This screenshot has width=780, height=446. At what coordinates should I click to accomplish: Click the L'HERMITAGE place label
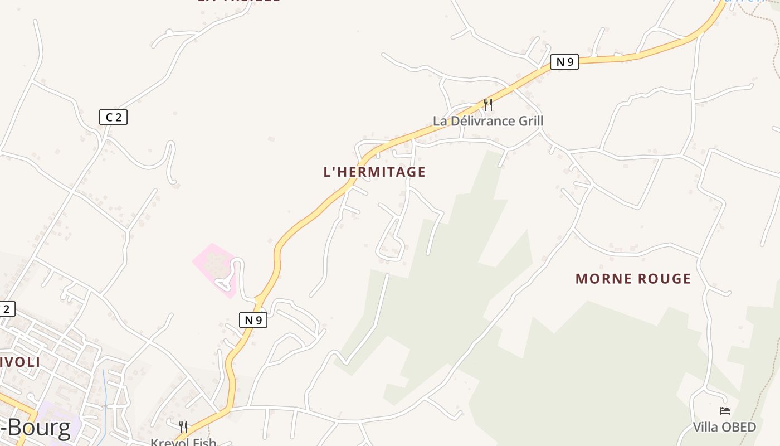374,172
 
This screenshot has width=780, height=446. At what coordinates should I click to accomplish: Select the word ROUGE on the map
666,279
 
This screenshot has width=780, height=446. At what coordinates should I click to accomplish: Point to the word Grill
530,121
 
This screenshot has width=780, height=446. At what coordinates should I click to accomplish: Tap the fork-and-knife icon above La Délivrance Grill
487,104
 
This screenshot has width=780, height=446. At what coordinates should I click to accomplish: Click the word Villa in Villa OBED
706,428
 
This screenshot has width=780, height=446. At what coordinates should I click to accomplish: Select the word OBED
739,428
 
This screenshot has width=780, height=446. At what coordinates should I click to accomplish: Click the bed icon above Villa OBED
724,411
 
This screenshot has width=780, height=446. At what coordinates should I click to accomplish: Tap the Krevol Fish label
183,442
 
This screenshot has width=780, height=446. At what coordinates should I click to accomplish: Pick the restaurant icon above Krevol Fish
183,426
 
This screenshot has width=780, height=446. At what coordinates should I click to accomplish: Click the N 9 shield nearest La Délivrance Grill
564,62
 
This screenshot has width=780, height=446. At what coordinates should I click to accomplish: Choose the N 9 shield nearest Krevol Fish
253,320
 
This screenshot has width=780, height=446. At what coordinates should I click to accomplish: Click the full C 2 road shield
113,117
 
